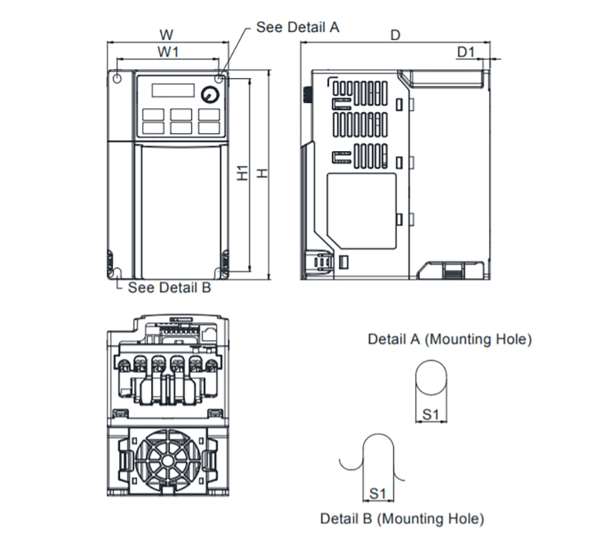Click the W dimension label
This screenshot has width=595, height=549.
point(166,35)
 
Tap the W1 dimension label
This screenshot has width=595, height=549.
point(168,52)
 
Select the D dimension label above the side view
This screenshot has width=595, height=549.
point(396,35)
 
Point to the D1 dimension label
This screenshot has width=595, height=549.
point(465,52)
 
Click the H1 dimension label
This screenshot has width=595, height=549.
point(242,173)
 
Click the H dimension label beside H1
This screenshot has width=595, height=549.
point(262,173)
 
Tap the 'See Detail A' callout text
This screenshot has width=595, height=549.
point(298,27)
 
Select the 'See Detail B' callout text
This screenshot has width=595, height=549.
point(169,288)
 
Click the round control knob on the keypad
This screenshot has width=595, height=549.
point(210,94)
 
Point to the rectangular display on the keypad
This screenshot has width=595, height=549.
point(173,91)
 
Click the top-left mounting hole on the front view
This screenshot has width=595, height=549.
point(118,79)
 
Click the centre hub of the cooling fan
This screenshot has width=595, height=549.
point(168,461)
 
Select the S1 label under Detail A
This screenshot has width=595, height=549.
point(431,414)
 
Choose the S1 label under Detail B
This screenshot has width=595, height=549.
point(378,494)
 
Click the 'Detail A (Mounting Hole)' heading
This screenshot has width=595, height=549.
point(449,339)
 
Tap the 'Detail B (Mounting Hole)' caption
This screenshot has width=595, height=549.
point(402,519)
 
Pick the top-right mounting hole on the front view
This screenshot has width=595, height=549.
point(219,79)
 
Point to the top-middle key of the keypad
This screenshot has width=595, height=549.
point(181,115)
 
